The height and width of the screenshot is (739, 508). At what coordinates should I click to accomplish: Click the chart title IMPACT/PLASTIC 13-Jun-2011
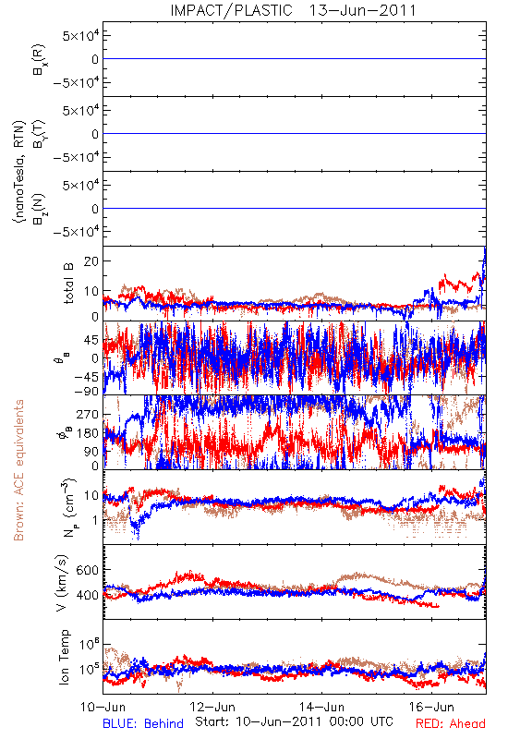coord(293,10)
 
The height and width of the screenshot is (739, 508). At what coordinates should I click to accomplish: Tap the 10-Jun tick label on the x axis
coord(103,707)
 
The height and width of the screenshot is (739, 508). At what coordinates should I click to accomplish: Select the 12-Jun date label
coord(212,707)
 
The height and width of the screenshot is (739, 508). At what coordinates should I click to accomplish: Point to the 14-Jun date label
coord(321,707)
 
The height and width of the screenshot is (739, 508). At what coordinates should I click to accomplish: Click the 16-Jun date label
coord(431,707)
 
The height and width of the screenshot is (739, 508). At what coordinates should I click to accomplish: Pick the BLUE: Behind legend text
coord(143,723)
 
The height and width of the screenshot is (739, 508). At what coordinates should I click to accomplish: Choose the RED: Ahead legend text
coord(451,723)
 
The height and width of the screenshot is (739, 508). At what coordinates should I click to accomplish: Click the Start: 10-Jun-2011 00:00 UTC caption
coord(294,721)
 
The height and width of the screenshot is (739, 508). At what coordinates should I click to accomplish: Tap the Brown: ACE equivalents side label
coord(18,470)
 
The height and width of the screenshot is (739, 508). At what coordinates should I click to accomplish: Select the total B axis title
coord(68,284)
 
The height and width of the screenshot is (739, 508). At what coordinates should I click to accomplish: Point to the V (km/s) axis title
coord(63,583)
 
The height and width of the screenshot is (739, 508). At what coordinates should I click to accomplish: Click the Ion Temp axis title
coord(64,657)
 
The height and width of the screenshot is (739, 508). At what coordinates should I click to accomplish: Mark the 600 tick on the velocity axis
coord(87,570)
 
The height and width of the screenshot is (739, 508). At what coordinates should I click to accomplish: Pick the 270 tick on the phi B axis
coord(88,415)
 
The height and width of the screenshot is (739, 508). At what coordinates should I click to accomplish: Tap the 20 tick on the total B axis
coord(91,261)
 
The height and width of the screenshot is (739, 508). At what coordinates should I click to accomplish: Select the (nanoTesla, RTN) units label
coord(19,172)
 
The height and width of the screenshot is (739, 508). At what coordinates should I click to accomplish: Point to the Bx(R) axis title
coord(40,59)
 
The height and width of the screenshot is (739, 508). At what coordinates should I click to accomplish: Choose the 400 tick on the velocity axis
coord(87,595)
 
